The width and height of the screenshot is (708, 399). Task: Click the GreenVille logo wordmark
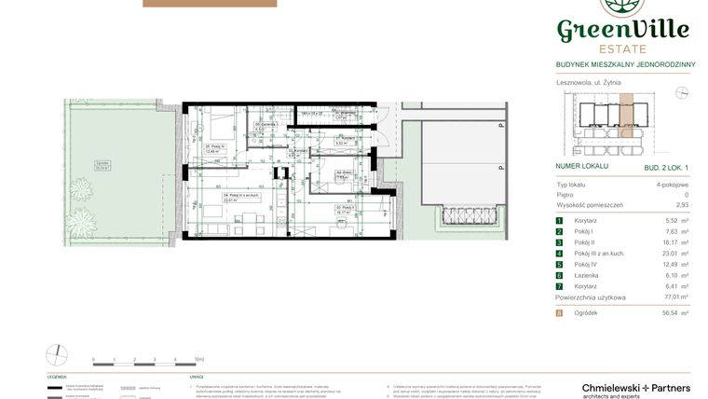pos(622,30)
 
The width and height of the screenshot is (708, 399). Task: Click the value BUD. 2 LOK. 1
pos(666,166)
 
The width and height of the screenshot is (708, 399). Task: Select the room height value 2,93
pos(683,204)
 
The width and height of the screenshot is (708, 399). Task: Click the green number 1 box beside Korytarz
pos(560,220)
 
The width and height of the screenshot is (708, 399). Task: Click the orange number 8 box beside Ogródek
pos(560,313)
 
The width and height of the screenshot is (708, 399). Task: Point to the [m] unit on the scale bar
pos(198,358)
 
